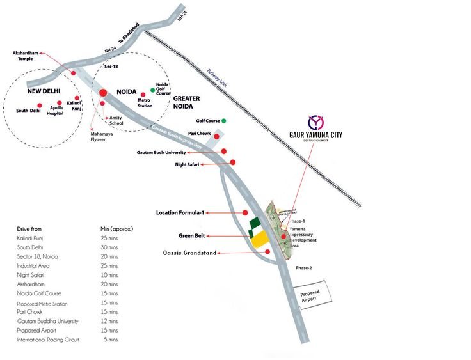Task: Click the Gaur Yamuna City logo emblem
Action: (x=315, y=121)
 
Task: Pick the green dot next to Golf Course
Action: (x=224, y=120)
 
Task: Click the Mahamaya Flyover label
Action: (x=97, y=137)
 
